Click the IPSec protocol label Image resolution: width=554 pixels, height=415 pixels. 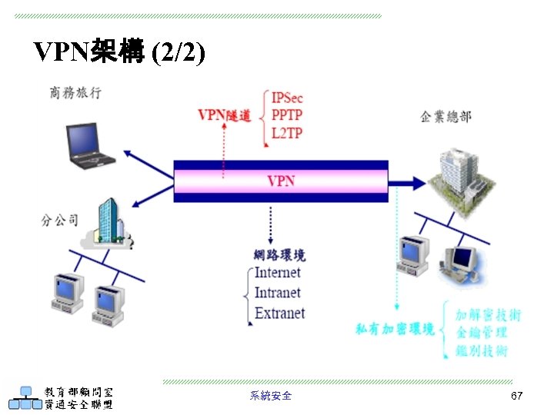coord(288,98)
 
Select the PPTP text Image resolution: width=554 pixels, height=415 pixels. coord(287,115)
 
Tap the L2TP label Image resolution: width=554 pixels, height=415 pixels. coord(287,133)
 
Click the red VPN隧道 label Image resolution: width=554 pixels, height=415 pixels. coord(224,115)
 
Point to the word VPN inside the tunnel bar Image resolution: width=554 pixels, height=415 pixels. coord(281,181)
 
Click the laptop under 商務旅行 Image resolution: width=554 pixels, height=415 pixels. coord(89,145)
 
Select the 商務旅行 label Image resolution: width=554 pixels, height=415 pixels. coord(75,94)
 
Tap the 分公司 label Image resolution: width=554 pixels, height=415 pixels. coord(59,221)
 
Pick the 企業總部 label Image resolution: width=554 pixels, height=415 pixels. coord(446,117)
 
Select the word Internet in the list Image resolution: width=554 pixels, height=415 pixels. coord(278,273)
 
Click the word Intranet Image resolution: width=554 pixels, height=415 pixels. coord(278,293)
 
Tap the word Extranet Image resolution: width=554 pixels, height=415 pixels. coord(279,313)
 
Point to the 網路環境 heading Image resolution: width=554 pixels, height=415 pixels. coord(279,254)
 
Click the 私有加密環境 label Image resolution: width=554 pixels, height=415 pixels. coord(395,329)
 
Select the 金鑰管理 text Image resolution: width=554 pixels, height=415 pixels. coord(481,333)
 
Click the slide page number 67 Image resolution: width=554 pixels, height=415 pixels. coord(517,396)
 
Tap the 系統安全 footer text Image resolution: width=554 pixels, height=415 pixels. coord(271,396)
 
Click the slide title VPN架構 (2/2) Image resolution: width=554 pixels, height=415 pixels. coord(119,51)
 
